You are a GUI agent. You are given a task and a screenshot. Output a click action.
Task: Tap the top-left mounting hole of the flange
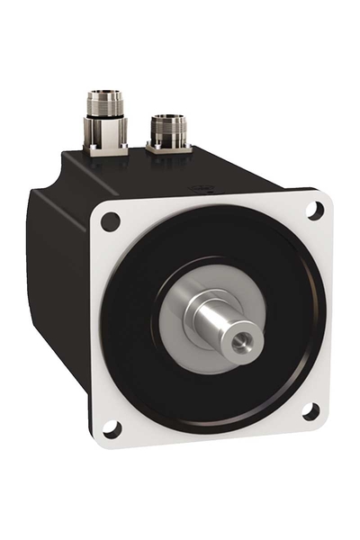tap(110, 220)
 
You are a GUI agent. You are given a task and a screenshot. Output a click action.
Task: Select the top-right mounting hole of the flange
tap(313, 209)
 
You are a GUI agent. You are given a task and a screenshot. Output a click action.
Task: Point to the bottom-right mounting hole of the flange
tap(310, 412)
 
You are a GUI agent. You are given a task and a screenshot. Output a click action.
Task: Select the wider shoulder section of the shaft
tap(202, 310)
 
